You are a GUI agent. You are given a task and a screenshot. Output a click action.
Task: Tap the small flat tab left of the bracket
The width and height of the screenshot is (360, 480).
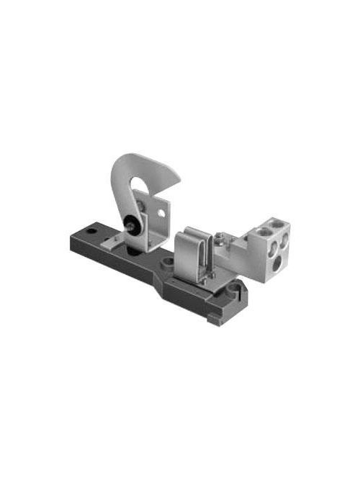coord(107,242)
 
